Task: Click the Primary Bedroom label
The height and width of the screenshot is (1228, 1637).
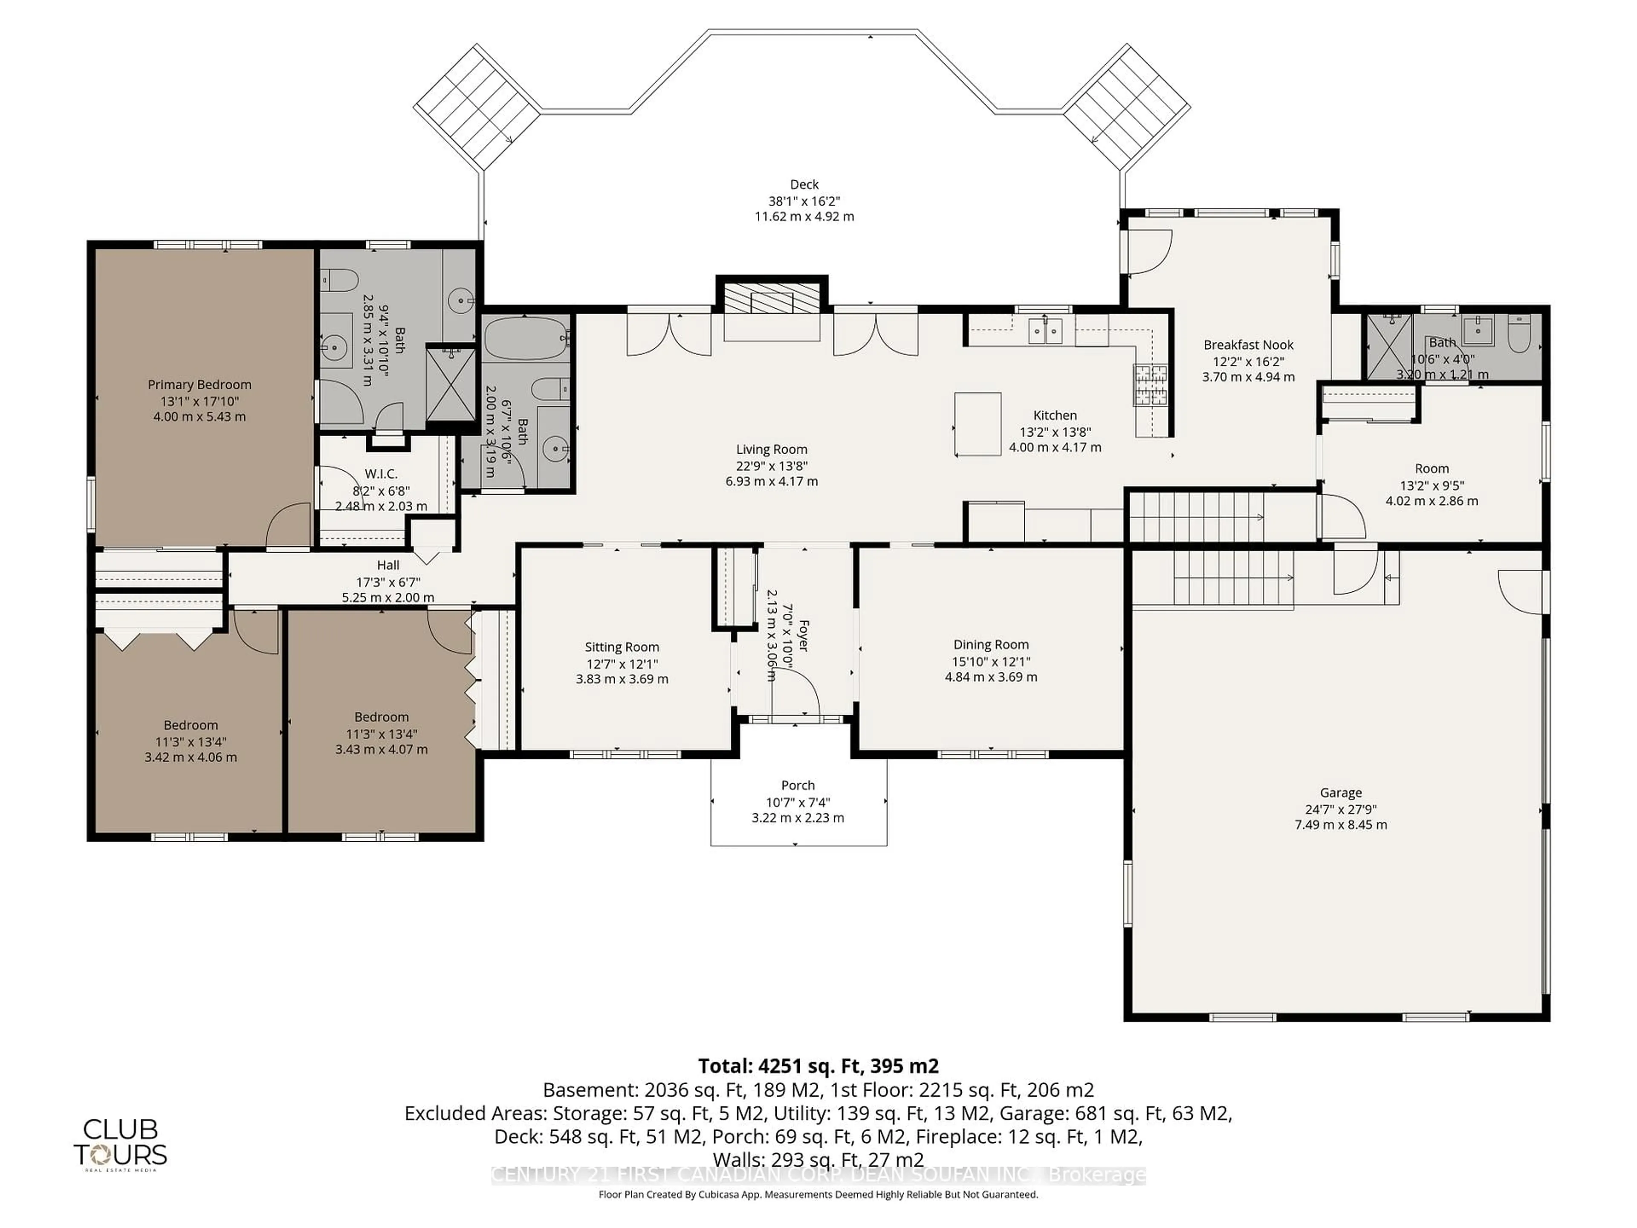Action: [x=199, y=384]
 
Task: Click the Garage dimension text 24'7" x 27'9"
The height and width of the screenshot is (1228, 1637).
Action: [x=1340, y=809]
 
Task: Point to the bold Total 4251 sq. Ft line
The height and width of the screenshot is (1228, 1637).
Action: [x=818, y=1066]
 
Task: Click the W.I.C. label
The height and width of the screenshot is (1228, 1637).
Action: [x=381, y=474]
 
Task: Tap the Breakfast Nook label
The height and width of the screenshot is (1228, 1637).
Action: [x=1248, y=345]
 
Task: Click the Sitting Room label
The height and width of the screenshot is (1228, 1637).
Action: [x=622, y=647]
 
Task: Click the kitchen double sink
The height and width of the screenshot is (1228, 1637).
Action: [x=1045, y=331]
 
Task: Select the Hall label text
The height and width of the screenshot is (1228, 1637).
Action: [x=388, y=565]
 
